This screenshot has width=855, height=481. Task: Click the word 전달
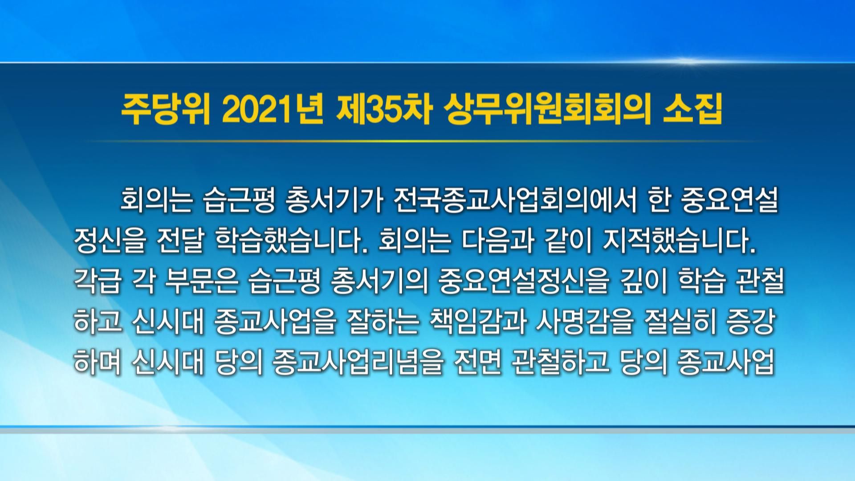[181, 243]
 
